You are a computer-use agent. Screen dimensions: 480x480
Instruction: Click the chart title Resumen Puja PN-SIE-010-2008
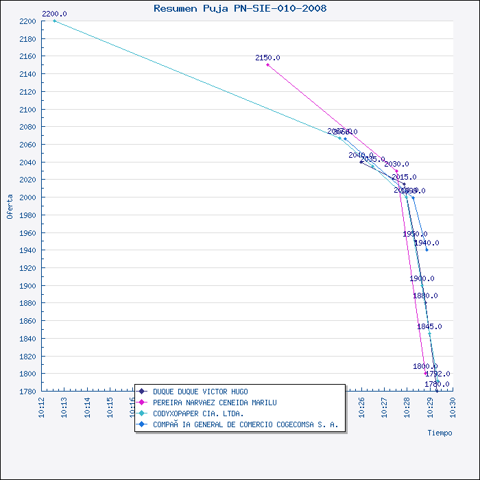[x=240, y=8]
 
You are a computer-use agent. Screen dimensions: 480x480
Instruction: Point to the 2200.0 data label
[x=54, y=14]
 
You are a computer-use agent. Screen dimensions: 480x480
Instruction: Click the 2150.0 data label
[x=267, y=58]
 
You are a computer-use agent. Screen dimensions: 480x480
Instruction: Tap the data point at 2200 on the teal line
[x=54, y=21]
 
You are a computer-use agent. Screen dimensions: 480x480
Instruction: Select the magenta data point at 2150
[x=267, y=64]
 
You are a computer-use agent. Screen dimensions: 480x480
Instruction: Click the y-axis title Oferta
[x=10, y=206]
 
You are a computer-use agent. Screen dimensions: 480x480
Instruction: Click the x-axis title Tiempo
[x=440, y=433]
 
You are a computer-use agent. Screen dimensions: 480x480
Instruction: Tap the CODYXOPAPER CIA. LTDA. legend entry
[x=198, y=413]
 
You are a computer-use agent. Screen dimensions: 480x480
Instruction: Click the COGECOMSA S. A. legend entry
[x=245, y=424]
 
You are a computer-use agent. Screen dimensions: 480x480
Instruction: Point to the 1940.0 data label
[x=427, y=243]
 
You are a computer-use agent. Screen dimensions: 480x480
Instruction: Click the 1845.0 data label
[x=429, y=326]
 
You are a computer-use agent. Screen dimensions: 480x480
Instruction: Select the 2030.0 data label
[x=396, y=164]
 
